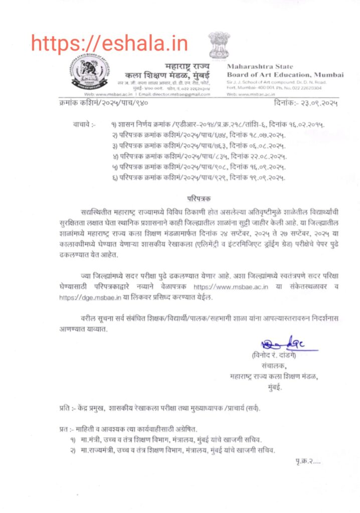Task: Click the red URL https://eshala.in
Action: pos(109,43)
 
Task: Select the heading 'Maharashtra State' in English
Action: pos(260,67)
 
